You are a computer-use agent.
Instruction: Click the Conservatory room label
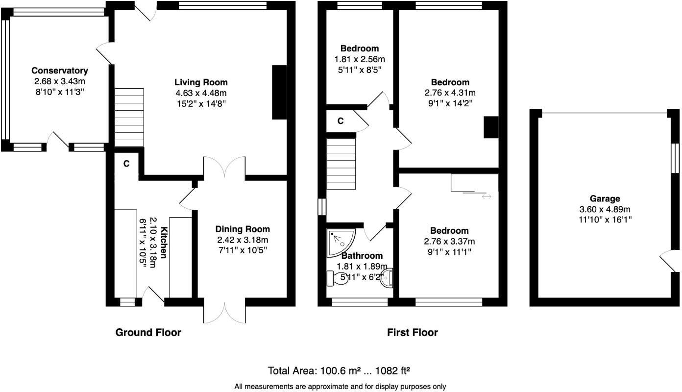pos(59,71)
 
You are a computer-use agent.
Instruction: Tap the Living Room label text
pos(201,82)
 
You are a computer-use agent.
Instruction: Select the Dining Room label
pos(243,229)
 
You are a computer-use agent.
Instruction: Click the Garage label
pos(605,198)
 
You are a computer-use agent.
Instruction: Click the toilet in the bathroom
pos(337,278)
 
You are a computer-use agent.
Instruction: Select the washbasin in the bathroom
pos(387,278)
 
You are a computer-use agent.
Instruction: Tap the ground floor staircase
pos(129,117)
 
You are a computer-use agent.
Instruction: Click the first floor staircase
pos(341,164)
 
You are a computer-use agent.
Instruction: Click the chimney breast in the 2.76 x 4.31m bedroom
pos(490,127)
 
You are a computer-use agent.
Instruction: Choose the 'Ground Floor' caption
pos(148,333)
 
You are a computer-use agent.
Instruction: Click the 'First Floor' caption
pos(412,333)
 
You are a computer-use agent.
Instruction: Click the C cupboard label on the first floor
pos(340,121)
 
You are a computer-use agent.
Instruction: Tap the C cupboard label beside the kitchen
pos(126,164)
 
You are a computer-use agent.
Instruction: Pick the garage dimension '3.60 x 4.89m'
pos(604,209)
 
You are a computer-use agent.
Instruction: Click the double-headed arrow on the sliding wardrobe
pos(487,196)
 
